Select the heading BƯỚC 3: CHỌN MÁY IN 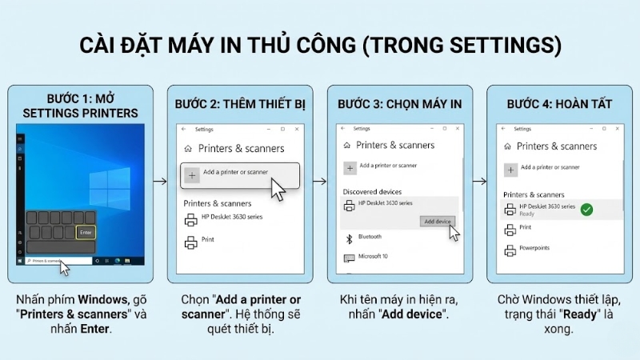(x=399, y=104)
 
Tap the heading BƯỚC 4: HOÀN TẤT (x=559, y=104)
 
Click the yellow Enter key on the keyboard (x=86, y=233)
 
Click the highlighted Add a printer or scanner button (x=241, y=174)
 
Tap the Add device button (x=438, y=221)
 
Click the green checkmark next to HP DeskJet (x=586, y=210)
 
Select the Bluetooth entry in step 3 (x=370, y=238)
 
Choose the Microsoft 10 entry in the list (x=372, y=257)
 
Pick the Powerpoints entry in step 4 (x=535, y=248)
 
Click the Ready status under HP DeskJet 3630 (x=526, y=214)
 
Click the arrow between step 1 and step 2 (x=160, y=181)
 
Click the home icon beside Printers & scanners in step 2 (x=188, y=148)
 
